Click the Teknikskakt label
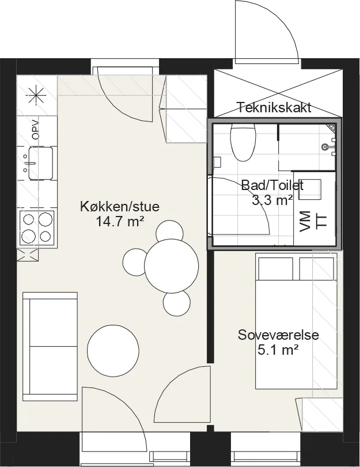pyautogui.click(x=274, y=107)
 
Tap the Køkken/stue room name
pyautogui.click(x=120, y=206)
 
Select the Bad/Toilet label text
pyautogui.click(x=272, y=185)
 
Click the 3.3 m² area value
pyautogui.click(x=272, y=200)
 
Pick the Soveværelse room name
pyautogui.click(x=278, y=335)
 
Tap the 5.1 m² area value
pyautogui.click(x=278, y=350)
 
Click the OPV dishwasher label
pyautogui.click(x=36, y=130)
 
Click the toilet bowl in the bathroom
pyautogui.click(x=244, y=142)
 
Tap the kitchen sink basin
pyautogui.click(x=40, y=163)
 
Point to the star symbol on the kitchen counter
pyautogui.click(x=36, y=96)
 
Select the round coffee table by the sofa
pyautogui.click(x=113, y=351)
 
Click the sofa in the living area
pyautogui.click(x=50, y=347)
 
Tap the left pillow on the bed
pyautogui.click(x=275, y=268)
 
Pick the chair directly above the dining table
pyautogui.click(x=169, y=232)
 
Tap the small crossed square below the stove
pyautogui.click(x=28, y=255)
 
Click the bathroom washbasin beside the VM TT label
pyautogui.click(x=310, y=189)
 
